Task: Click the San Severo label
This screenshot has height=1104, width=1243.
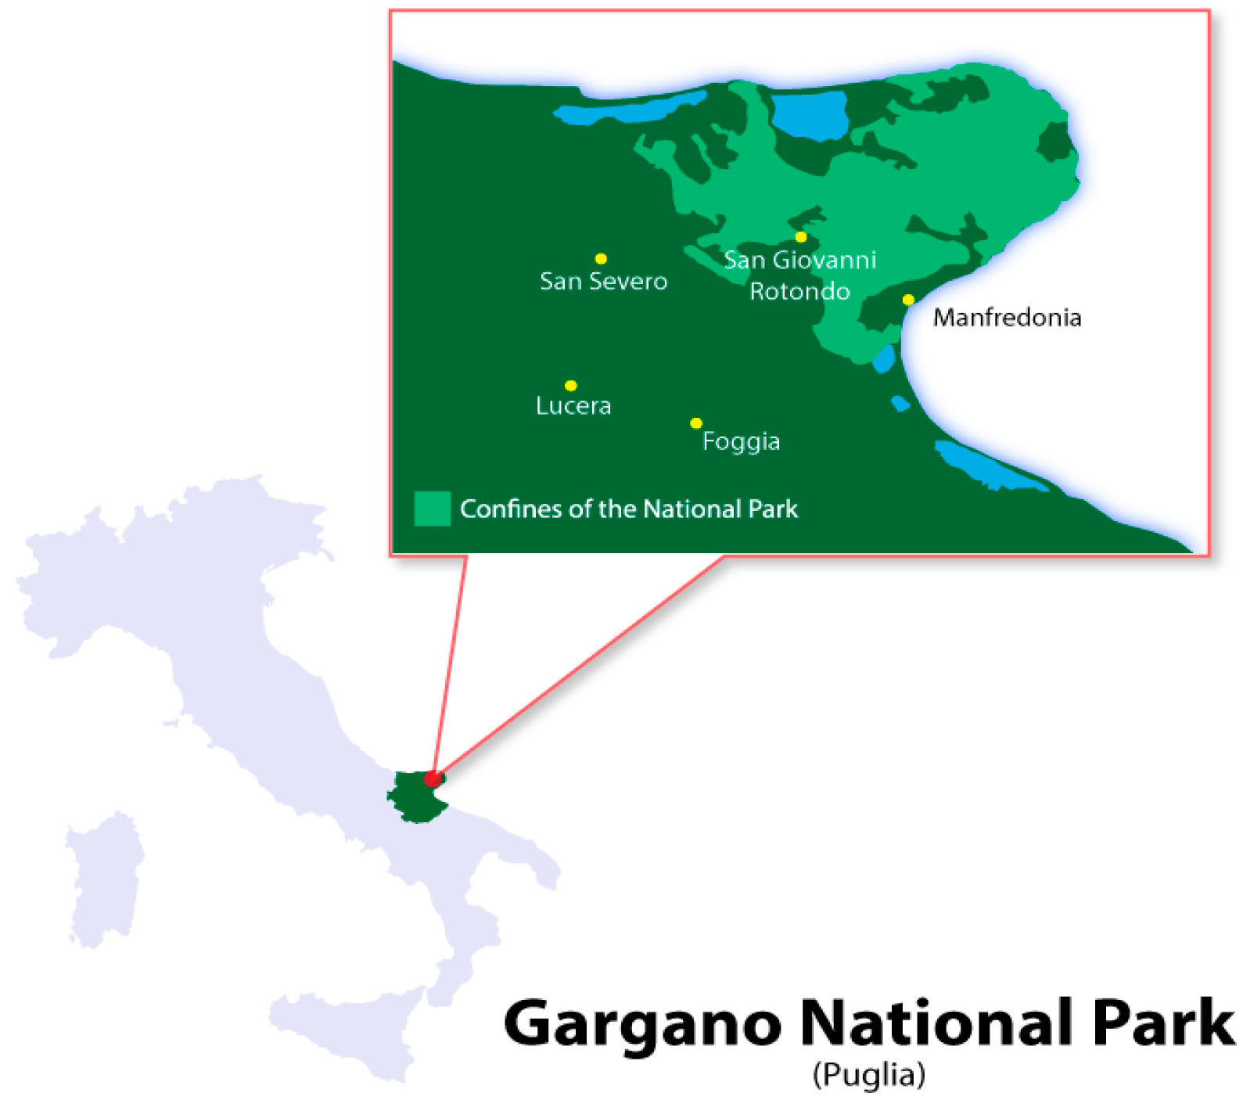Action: click(603, 281)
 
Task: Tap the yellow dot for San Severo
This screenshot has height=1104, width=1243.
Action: click(601, 259)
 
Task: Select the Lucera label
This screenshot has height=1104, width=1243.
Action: click(573, 405)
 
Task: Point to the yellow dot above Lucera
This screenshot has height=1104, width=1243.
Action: click(571, 386)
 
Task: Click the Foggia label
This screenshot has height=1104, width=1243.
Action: click(741, 441)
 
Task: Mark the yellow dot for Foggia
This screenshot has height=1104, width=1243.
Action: click(696, 423)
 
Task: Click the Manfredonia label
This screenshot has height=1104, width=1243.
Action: click(1007, 317)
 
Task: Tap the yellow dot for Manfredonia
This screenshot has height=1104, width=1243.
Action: click(908, 300)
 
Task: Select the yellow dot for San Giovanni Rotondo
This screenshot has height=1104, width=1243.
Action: click(801, 237)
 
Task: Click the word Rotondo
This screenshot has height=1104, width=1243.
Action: click(799, 291)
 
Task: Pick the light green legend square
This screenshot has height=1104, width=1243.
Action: click(432, 509)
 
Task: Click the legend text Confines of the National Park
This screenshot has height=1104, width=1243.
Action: click(629, 509)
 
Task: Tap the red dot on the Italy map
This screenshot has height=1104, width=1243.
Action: click(432, 779)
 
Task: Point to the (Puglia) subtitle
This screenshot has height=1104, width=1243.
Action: click(869, 1074)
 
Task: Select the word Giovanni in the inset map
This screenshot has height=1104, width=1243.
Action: click(824, 260)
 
